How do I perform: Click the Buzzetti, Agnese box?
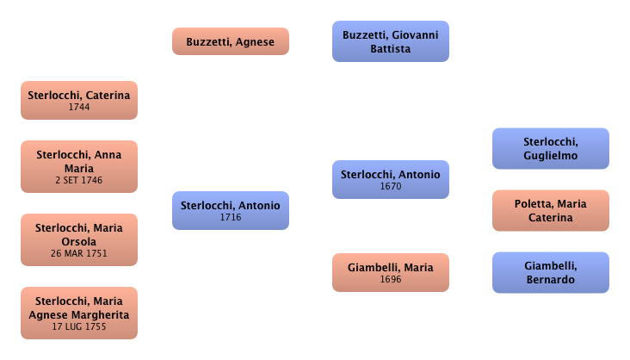[x=231, y=41]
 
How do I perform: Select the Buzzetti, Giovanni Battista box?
[x=390, y=41]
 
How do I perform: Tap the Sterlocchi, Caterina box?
[x=78, y=100]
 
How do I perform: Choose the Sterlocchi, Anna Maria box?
[x=78, y=166]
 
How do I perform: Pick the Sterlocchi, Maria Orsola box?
[x=78, y=239]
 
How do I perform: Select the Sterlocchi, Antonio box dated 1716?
[x=230, y=210]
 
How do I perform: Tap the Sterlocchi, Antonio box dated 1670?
[x=390, y=179]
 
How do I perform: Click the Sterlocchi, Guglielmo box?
[x=550, y=148]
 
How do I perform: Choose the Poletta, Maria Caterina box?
[x=550, y=210]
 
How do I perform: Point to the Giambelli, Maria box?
[x=390, y=272]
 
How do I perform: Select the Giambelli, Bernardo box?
[x=550, y=272]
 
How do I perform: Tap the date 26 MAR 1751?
[x=78, y=254]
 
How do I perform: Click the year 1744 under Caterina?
[x=78, y=107]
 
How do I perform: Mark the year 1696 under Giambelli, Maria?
[x=390, y=279]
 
